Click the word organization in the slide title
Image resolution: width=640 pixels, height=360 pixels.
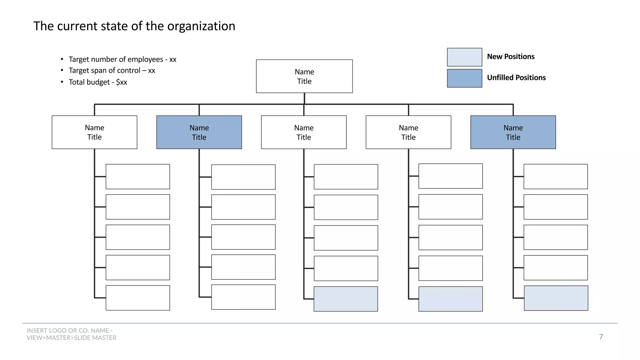[201, 26]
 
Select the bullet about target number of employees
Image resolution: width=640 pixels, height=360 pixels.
[122, 59]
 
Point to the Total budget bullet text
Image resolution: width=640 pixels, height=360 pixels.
[97, 82]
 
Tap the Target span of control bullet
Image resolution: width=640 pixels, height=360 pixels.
[112, 71]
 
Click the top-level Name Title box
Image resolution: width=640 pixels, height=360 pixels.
[304, 76]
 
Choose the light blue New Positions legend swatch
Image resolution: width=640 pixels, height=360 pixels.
[464, 57]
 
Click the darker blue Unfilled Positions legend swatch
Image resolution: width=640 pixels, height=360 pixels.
[464, 78]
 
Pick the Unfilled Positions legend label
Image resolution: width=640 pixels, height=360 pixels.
[516, 77]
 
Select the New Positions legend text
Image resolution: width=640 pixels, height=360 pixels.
[511, 57]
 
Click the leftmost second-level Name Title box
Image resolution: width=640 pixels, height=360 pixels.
[94, 132]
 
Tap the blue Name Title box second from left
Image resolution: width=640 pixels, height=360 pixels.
[199, 132]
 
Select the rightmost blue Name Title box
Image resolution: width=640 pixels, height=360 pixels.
[513, 132]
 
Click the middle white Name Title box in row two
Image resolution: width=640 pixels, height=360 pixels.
[304, 132]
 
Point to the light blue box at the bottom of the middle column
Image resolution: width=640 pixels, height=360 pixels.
[346, 299]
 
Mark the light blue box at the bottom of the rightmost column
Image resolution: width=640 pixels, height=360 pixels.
[556, 298]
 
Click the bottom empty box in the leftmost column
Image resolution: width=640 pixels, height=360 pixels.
[138, 298]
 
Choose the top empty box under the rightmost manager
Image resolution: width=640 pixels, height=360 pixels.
[556, 177]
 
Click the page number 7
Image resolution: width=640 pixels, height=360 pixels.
[601, 337]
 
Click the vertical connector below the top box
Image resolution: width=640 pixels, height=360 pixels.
[304, 98]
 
